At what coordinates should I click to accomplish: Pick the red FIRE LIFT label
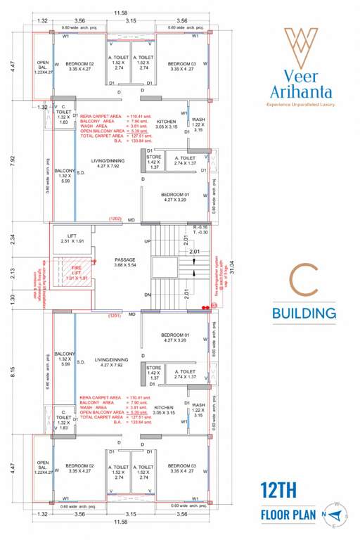pyautogui.click(x=72, y=276)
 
